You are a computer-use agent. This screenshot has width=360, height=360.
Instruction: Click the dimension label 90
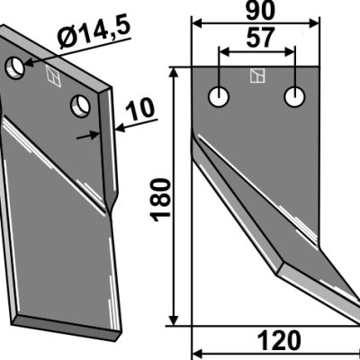click(x=260, y=12)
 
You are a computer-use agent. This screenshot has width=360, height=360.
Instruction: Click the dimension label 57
click(x=260, y=38)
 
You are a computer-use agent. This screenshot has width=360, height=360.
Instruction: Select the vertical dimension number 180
click(x=162, y=200)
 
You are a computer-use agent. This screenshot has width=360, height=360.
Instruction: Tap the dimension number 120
click(x=279, y=341)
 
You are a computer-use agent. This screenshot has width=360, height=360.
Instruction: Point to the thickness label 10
click(x=140, y=109)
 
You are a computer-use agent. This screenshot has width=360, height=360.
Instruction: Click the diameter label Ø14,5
click(x=94, y=33)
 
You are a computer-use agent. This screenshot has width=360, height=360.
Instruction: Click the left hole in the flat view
click(x=219, y=97)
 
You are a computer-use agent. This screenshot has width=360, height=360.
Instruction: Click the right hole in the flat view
click(x=295, y=97)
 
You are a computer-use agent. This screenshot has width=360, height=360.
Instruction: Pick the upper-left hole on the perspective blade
click(x=15, y=67)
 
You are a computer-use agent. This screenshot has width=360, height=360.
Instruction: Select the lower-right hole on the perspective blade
click(x=80, y=106)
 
